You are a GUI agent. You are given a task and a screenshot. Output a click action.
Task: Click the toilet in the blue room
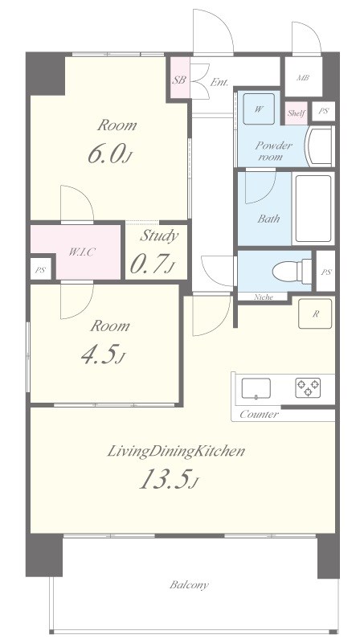(292, 271)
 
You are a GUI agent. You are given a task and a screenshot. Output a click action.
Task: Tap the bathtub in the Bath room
(313, 209)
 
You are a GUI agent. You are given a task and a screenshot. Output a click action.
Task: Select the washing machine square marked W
(258, 109)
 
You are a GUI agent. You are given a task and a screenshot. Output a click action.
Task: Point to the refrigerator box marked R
(315, 313)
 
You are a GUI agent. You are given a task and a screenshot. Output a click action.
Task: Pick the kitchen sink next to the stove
(256, 388)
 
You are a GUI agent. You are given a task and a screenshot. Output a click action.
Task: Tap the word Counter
(259, 414)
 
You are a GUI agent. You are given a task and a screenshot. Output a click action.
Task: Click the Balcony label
(189, 584)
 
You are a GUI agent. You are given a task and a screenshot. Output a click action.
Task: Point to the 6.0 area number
(110, 154)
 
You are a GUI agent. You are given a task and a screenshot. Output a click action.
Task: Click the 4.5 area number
(103, 354)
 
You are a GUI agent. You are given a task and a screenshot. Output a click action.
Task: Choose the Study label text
(159, 235)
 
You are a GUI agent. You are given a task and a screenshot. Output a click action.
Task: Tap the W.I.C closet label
(82, 252)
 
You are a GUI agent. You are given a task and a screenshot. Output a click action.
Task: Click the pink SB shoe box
(180, 78)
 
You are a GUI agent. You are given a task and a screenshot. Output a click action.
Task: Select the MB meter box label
(303, 77)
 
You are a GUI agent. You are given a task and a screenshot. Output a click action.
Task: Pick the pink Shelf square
(296, 113)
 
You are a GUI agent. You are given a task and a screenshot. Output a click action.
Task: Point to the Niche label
(264, 297)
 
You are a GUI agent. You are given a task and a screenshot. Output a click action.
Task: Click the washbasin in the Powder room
(320, 146)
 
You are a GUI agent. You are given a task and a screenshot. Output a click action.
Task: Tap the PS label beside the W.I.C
(39, 271)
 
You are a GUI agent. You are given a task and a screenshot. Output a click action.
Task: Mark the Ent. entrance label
(219, 82)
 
